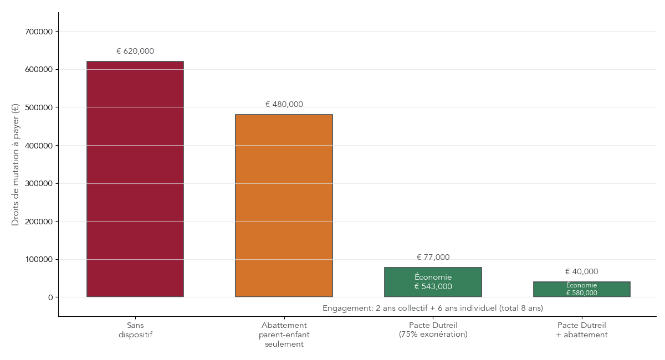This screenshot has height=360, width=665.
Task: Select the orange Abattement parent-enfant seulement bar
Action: [284, 205]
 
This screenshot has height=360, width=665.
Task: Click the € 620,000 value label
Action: [135, 52]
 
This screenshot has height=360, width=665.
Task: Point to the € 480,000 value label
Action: [284, 105]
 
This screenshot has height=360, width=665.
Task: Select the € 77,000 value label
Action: [433, 258]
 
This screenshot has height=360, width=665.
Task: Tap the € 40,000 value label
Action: [581, 272]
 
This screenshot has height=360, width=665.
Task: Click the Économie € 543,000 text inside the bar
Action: [433, 282]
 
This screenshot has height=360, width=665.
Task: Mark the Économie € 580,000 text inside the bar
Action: [581, 289]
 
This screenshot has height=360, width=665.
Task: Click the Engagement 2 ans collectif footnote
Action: [433, 308]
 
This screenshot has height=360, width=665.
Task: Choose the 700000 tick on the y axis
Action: [39, 32]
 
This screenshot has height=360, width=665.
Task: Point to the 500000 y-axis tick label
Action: [39, 107]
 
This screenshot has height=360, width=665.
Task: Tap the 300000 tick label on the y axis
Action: [39, 183]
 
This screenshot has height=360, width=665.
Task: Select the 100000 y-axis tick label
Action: [39, 259]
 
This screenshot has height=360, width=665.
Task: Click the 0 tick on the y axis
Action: [50, 297]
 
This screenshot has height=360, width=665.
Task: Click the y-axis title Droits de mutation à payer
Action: [16, 164]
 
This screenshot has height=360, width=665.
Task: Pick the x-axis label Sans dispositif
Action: [135, 330]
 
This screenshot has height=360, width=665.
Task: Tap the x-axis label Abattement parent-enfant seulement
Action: [284, 335]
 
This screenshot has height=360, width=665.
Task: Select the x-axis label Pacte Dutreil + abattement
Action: [581, 330]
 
